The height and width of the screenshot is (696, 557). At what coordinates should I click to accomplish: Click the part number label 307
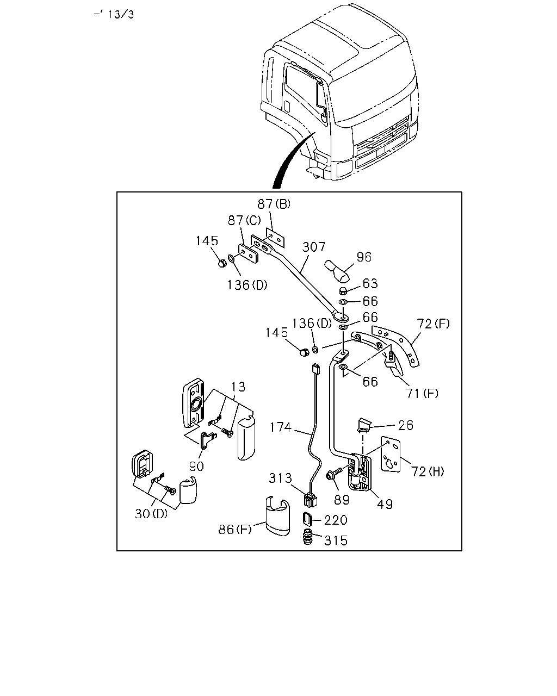coord(313,247)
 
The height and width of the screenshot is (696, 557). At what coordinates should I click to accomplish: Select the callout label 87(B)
coord(274,204)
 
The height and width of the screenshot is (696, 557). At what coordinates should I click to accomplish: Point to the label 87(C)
coord(244,221)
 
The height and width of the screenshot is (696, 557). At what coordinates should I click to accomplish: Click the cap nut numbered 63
coord(344,291)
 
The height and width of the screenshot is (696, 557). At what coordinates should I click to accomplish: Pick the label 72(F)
coord(433,324)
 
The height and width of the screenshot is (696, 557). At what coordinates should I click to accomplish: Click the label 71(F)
coord(422,393)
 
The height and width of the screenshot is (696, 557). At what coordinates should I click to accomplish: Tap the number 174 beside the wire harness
coord(281,427)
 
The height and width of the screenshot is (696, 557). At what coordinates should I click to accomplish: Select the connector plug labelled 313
coord(311,501)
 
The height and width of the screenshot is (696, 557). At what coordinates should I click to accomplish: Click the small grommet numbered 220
coord(307,519)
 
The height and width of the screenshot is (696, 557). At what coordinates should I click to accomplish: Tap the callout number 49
coord(385,504)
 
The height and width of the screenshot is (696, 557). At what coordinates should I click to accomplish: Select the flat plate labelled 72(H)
coord(391,455)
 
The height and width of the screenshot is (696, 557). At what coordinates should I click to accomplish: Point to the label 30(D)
coord(151,514)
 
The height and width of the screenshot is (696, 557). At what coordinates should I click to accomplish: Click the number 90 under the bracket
coord(196,467)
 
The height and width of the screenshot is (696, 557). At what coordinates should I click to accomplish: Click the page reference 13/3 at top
coord(121,15)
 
